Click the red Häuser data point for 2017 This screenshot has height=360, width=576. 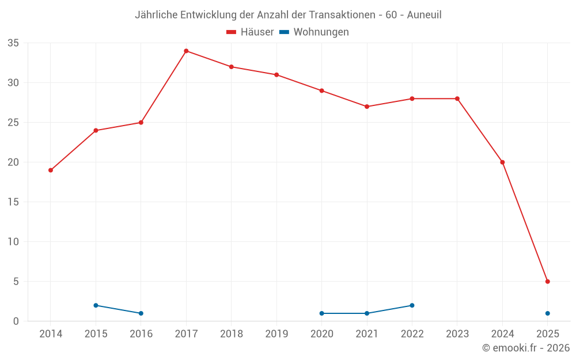186,51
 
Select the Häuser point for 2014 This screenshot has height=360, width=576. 51,170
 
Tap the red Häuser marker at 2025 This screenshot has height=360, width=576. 547,282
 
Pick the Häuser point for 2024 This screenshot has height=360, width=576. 502,162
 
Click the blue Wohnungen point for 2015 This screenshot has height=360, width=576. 96,305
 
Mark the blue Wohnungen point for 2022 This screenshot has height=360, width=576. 412,305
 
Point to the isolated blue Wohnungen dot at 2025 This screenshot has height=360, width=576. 547,313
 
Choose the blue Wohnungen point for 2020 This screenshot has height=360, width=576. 321,313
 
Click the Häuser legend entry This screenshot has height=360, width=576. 250,32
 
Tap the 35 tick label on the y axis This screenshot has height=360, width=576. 13,43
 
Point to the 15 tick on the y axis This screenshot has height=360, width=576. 13,202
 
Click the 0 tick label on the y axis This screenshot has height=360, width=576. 16,321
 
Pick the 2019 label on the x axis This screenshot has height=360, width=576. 276,334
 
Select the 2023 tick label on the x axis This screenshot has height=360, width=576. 457,334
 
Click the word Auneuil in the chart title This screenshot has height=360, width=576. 424,15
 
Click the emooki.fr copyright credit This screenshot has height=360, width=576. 525,348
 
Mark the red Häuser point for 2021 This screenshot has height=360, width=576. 367,107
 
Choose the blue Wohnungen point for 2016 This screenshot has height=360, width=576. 141,313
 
